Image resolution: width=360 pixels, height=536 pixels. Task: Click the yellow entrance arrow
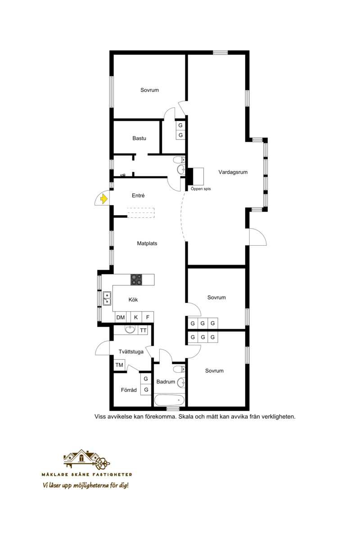pos(104,198)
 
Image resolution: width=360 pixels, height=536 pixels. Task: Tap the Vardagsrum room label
pos(233,172)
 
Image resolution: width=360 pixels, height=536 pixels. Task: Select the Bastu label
pos(139,139)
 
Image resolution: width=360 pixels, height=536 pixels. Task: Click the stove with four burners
pos(136,279)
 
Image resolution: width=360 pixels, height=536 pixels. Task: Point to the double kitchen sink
pos(107,298)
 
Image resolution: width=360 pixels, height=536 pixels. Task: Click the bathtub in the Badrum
pos(170,400)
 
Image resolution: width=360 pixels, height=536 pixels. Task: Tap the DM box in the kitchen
pos(120,317)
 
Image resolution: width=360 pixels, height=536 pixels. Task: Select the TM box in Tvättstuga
pos(119,365)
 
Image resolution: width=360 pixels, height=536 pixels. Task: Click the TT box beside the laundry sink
pos(143,330)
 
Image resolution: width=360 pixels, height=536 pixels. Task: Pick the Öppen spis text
pos(201,189)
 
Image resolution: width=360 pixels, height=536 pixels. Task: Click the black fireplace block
pos(190,176)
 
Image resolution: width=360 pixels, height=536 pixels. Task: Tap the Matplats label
pos(147,244)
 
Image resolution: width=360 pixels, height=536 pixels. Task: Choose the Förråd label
pos(129,390)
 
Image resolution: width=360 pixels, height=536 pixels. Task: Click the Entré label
pos(138,195)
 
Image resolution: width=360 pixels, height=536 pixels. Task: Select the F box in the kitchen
pos(148,317)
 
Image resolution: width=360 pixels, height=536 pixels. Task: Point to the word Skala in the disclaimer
pos(186,417)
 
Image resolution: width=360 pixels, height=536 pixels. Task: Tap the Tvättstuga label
pos(131,352)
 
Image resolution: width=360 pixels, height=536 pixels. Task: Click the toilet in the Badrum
pos(179,369)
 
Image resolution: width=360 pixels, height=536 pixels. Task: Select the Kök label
pos(133,300)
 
